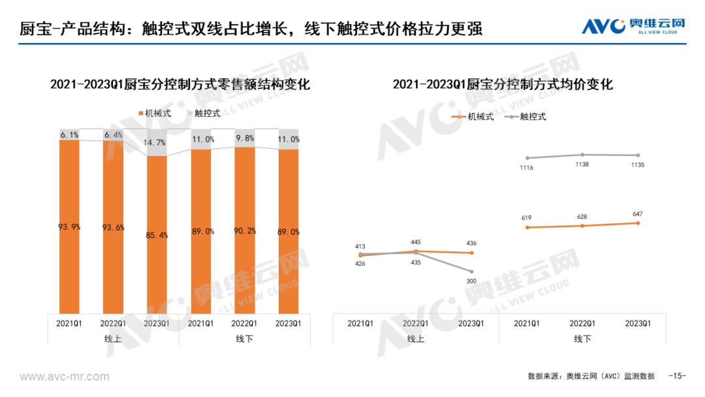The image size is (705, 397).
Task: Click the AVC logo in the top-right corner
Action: pos(633,26)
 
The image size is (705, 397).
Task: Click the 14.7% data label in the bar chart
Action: pos(155,142)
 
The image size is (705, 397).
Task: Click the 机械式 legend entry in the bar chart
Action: pos(155,113)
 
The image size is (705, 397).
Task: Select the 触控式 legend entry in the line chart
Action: pos(527,116)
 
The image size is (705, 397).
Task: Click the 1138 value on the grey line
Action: pos(582,165)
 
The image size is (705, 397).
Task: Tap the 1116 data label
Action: pos(526,168)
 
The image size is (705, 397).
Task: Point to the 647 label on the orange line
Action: pos(636,213)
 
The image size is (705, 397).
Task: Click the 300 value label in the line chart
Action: pos(471,281)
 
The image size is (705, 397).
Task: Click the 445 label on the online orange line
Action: pos(416,241)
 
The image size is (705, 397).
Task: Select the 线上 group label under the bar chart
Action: pos(112,339)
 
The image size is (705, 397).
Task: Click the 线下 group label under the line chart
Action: pos(582,339)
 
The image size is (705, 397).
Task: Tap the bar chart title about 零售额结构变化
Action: pos(179,86)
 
